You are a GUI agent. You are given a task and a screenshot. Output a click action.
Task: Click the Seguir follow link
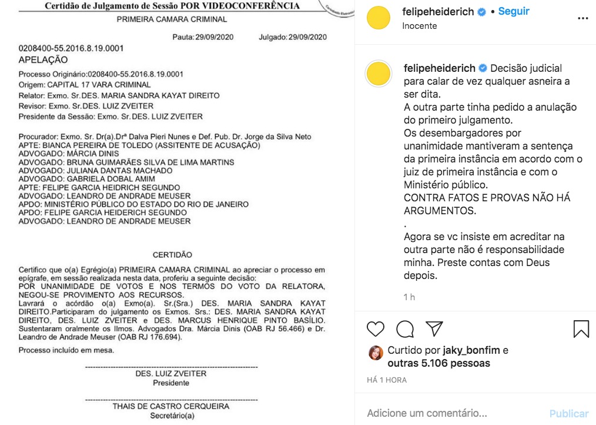pyautogui.click(x=514, y=11)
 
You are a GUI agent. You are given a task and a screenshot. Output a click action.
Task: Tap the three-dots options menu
pyautogui.click(x=582, y=18)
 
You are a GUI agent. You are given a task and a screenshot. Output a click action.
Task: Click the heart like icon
pyautogui.click(x=376, y=328)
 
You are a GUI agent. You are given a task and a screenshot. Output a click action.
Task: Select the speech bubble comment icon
pyautogui.click(x=404, y=328)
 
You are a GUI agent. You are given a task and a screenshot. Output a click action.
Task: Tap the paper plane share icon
pyautogui.click(x=434, y=328)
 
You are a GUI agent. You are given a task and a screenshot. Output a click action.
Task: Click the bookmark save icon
pyautogui.click(x=581, y=328)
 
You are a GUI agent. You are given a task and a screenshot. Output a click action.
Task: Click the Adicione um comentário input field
pyautogui.click(x=427, y=413)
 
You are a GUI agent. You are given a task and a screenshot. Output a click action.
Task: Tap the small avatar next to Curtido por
pyautogui.click(x=376, y=352)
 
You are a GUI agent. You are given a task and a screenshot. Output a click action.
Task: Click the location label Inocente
pyautogui.click(x=420, y=26)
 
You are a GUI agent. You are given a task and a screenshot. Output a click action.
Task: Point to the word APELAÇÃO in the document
pyautogui.click(x=43, y=59)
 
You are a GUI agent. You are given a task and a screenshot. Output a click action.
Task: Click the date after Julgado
pyautogui.click(x=307, y=37)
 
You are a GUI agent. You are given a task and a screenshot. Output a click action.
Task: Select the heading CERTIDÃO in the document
pyautogui.click(x=172, y=255)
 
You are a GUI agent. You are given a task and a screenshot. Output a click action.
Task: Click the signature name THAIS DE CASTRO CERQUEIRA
pyautogui.click(x=171, y=406)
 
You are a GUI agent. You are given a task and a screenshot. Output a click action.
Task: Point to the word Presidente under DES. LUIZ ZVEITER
pyautogui.click(x=171, y=383)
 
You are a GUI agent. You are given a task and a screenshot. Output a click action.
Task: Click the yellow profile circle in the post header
pyautogui.click(x=379, y=18)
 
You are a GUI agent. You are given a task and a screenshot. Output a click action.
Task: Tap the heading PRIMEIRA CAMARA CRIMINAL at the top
pyautogui.click(x=172, y=19)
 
